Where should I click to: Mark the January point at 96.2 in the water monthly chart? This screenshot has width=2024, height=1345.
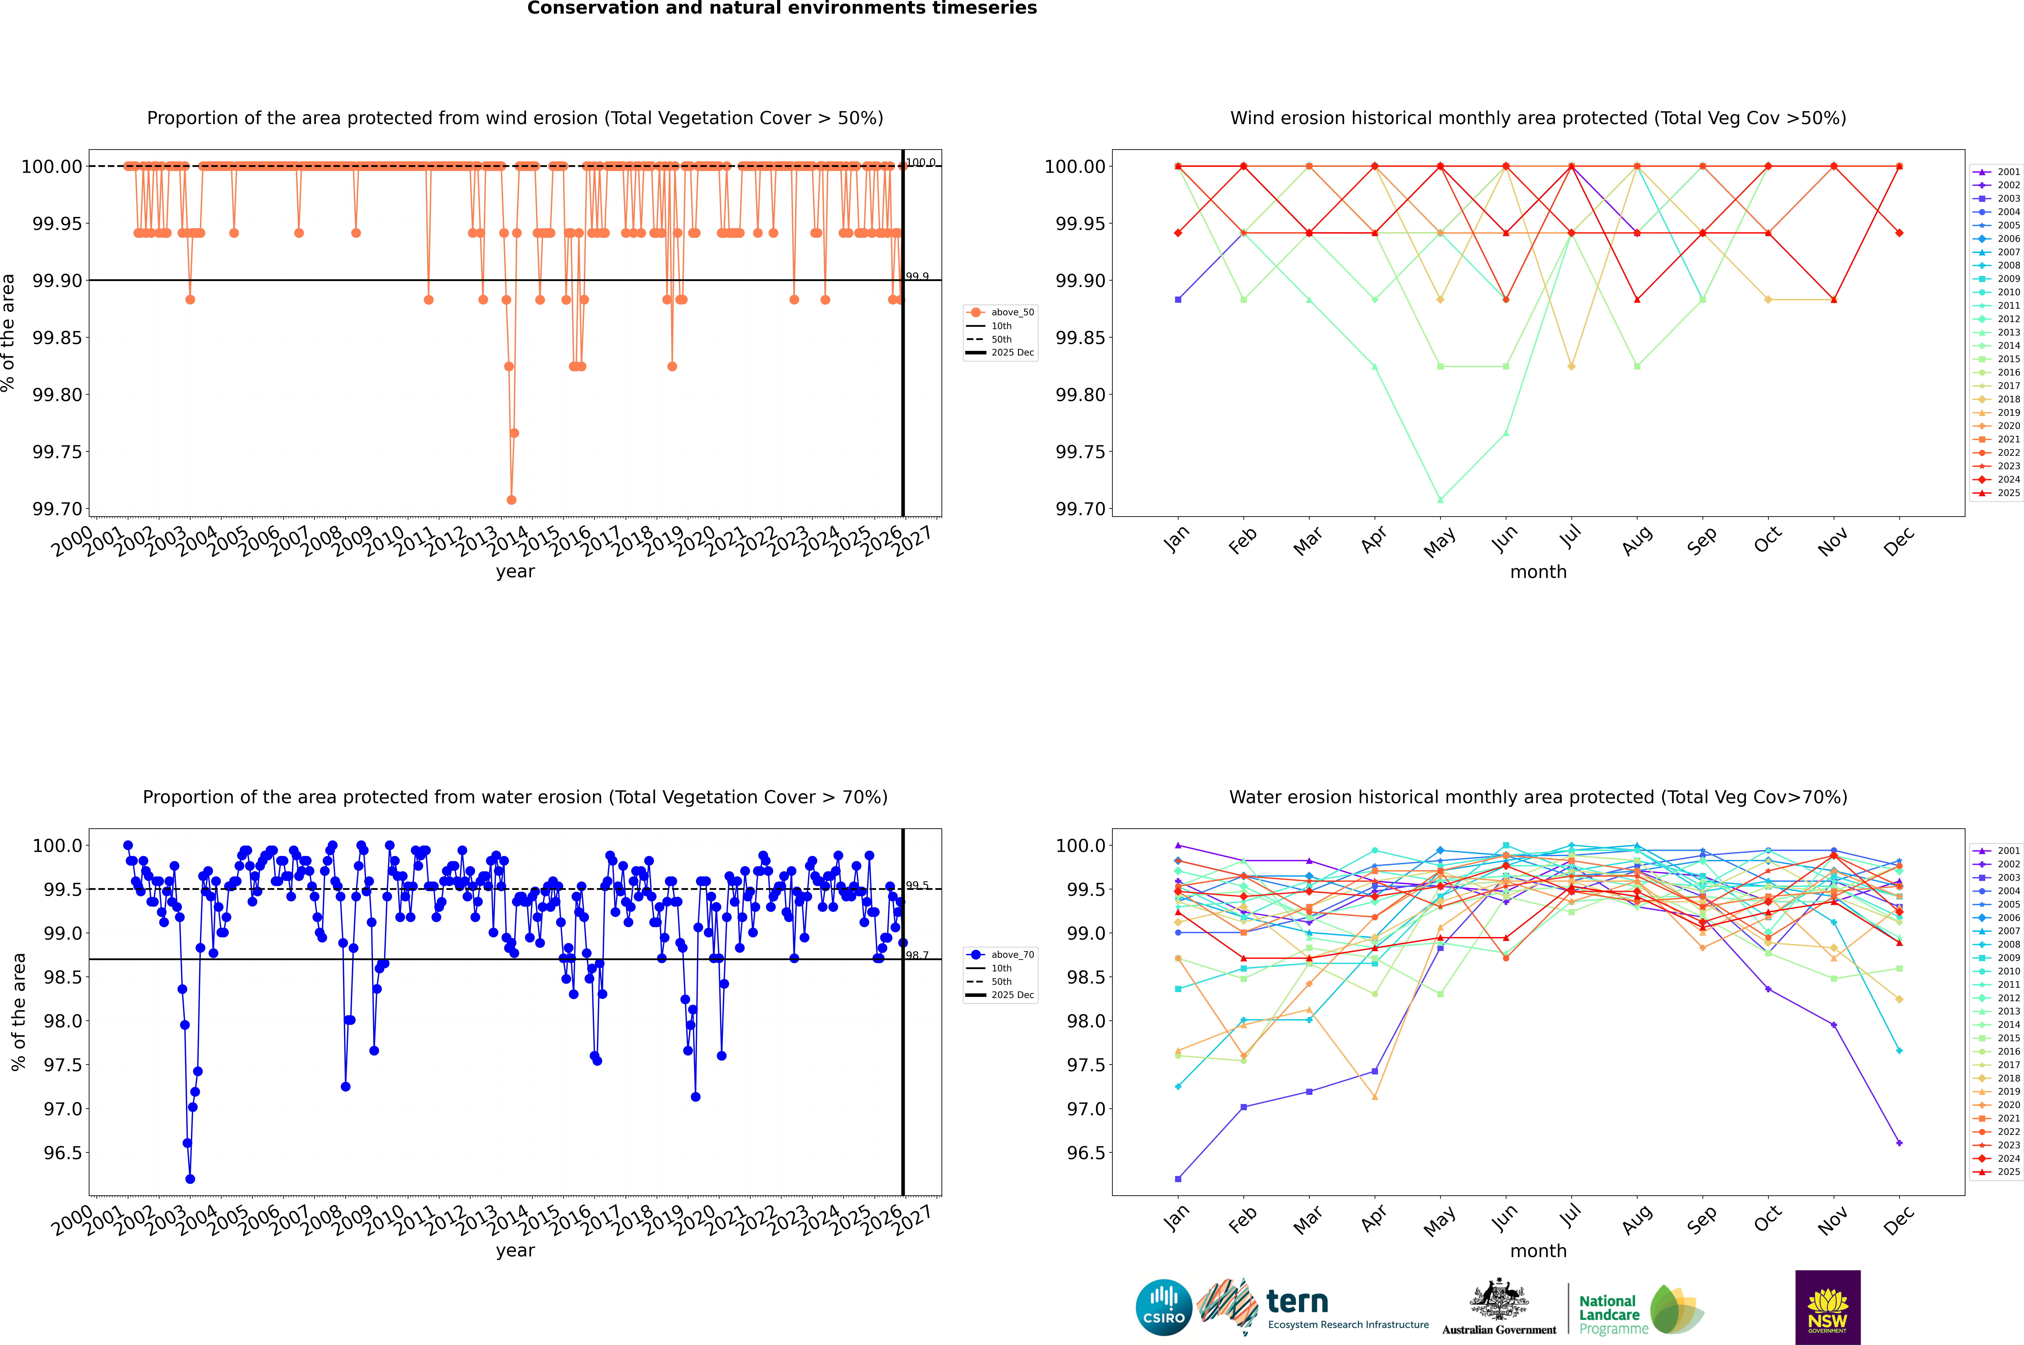(1178, 1179)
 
